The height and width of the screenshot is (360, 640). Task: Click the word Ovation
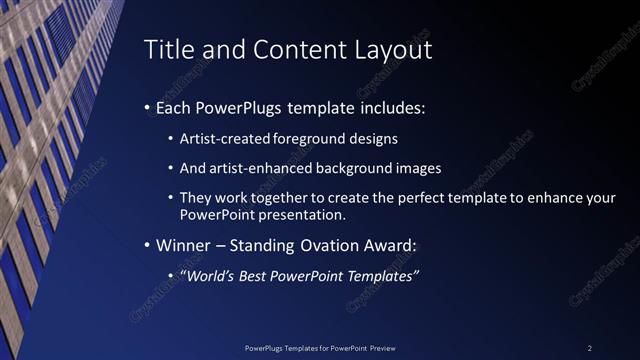[331, 245]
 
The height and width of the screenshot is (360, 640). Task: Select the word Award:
[395, 245]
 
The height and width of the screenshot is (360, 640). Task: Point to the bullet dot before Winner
[148, 245]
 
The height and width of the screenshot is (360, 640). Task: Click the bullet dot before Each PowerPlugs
[148, 107]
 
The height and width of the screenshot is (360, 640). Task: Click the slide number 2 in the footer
[590, 347]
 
